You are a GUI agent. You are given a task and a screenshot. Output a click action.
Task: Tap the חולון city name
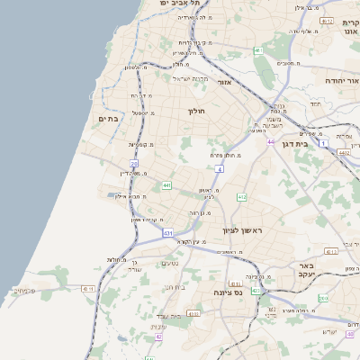click(196, 111)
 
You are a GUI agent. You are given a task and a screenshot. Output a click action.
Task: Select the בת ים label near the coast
click(109, 118)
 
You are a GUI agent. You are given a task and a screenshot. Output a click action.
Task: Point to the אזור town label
click(225, 82)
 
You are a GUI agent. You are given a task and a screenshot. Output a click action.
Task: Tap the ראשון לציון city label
click(242, 230)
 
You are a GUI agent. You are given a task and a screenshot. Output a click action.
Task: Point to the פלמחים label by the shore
click(25, 290)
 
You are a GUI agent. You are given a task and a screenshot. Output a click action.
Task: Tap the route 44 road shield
click(270, 141)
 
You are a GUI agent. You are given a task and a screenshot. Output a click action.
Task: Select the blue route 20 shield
click(132, 164)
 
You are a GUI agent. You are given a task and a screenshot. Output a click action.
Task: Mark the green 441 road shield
click(167, 185)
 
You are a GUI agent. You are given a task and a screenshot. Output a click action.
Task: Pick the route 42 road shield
click(158, 337)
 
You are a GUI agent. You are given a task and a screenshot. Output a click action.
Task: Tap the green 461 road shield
click(258, 50)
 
